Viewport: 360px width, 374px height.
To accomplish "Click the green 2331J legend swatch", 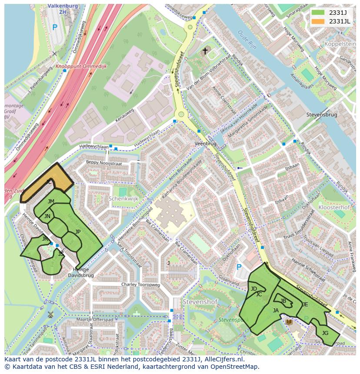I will tap(318, 13).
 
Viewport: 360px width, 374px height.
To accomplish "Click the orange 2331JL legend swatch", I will tap(318, 21).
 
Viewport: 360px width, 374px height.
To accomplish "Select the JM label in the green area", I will tap(51, 201).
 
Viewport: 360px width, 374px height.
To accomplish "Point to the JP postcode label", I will tap(78, 232).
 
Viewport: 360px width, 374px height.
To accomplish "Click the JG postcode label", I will tap(325, 333).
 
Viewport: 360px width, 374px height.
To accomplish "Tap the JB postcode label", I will tap(283, 301).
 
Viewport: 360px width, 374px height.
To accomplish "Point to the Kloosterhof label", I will tap(334, 208).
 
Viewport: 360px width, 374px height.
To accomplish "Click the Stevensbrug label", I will tap(322, 115).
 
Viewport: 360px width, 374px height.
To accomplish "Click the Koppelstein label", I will tap(340, 44).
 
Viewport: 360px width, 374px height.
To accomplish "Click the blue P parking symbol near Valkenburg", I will tap(54, 27).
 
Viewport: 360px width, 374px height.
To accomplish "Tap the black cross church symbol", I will tap(205, 51).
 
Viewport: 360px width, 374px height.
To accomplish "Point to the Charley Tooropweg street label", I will tap(141, 285).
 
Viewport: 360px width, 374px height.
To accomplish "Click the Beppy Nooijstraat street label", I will tap(104, 163).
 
